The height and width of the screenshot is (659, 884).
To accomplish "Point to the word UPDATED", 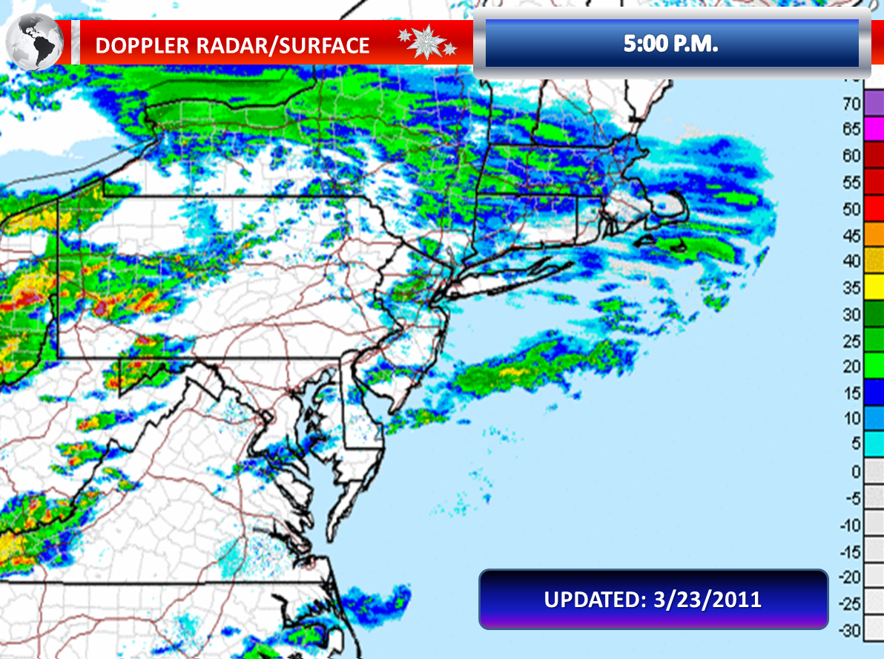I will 589,599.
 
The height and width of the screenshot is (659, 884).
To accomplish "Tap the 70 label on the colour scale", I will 851,103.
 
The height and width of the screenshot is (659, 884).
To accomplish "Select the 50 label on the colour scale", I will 851,209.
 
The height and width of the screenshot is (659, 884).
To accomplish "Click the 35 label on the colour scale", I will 851,287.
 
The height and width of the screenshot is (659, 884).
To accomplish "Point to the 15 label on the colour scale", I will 851,393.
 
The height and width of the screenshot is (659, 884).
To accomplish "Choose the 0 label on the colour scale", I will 855,471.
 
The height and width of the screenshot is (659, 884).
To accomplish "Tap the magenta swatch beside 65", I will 874,128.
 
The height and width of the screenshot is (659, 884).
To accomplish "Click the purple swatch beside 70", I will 874,102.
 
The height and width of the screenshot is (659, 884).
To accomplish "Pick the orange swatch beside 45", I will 874,234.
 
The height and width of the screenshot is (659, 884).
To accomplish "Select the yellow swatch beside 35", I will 874,286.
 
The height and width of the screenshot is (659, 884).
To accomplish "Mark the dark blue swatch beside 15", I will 874,391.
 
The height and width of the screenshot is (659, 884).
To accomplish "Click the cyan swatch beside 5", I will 874,444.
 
